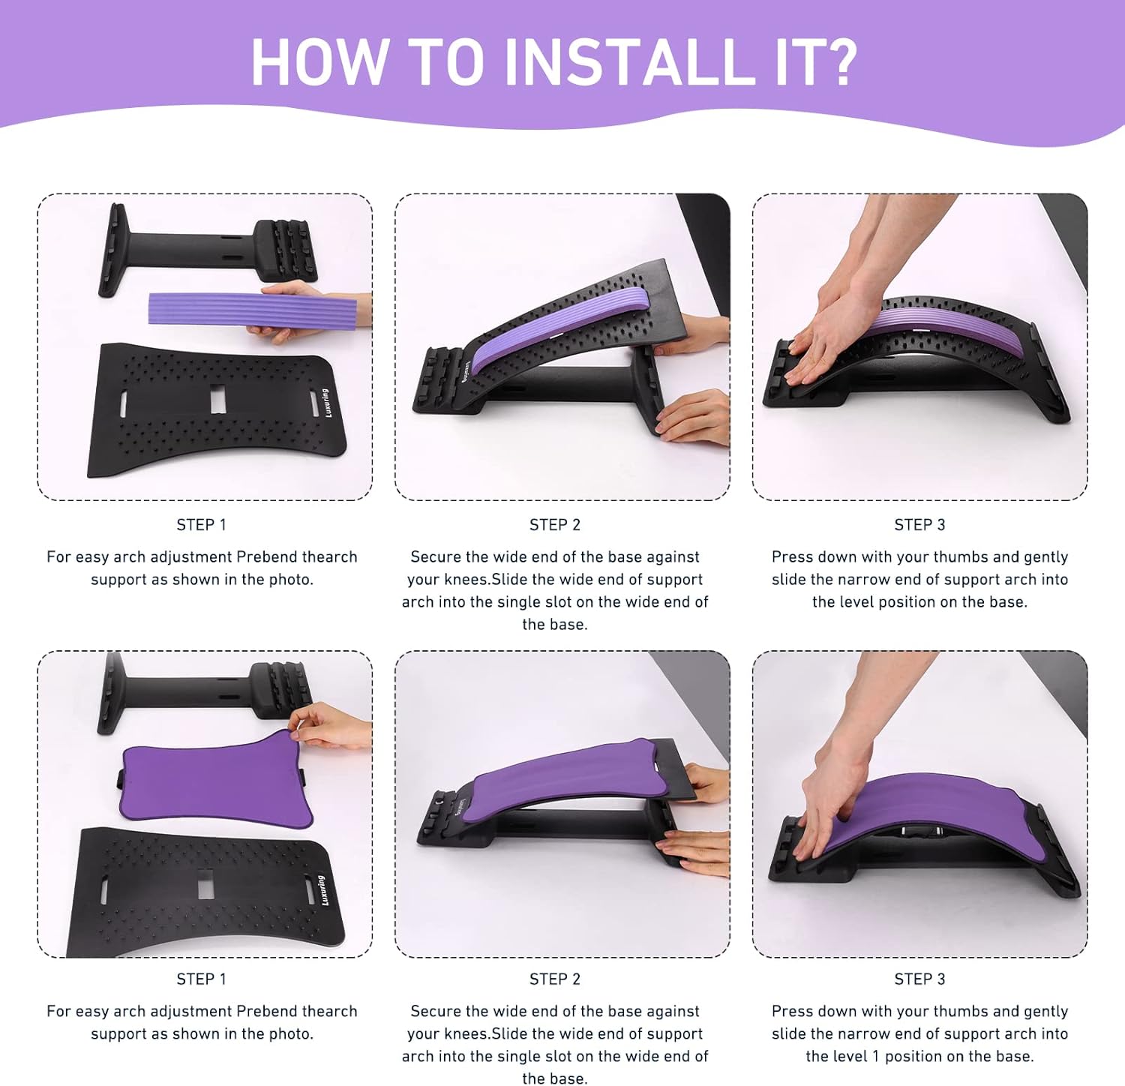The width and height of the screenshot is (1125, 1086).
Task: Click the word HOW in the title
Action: [318, 61]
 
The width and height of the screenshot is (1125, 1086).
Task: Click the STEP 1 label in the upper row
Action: [201, 525]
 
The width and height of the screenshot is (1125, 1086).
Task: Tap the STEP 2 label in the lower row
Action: [555, 979]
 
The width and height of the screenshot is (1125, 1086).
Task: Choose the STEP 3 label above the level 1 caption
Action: [919, 979]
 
